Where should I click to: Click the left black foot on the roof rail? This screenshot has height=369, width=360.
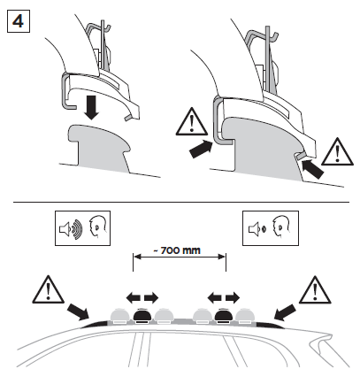point(142,316)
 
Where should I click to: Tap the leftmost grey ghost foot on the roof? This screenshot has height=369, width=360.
point(120,316)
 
